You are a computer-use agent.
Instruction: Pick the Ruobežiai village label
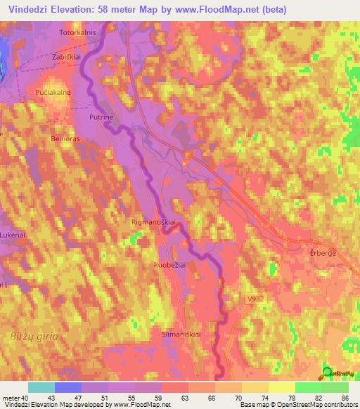point(171,265)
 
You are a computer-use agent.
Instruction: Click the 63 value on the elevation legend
point(182,397)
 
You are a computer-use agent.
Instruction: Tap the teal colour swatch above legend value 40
point(41,387)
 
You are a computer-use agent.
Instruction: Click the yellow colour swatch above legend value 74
point(255,387)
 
